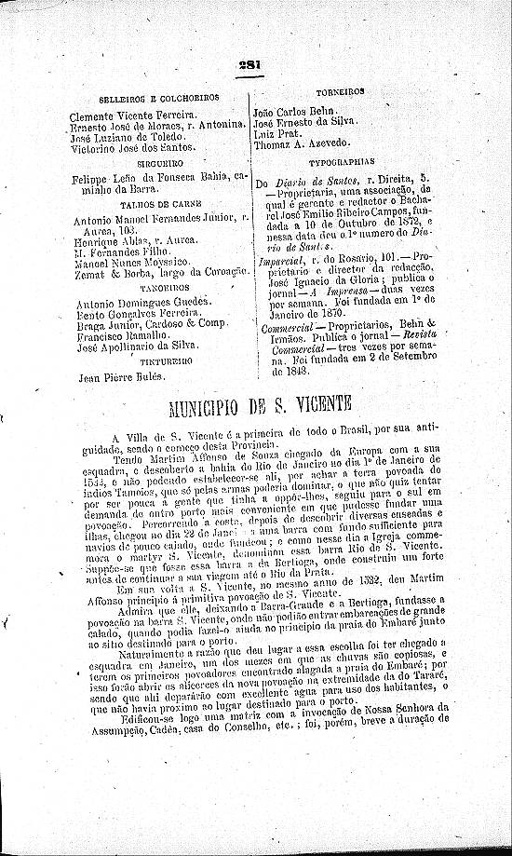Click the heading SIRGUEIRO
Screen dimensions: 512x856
click(156, 161)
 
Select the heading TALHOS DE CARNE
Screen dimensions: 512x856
click(156, 202)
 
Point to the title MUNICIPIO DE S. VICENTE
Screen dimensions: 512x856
click(259, 403)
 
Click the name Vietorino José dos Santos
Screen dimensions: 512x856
click(133, 147)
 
